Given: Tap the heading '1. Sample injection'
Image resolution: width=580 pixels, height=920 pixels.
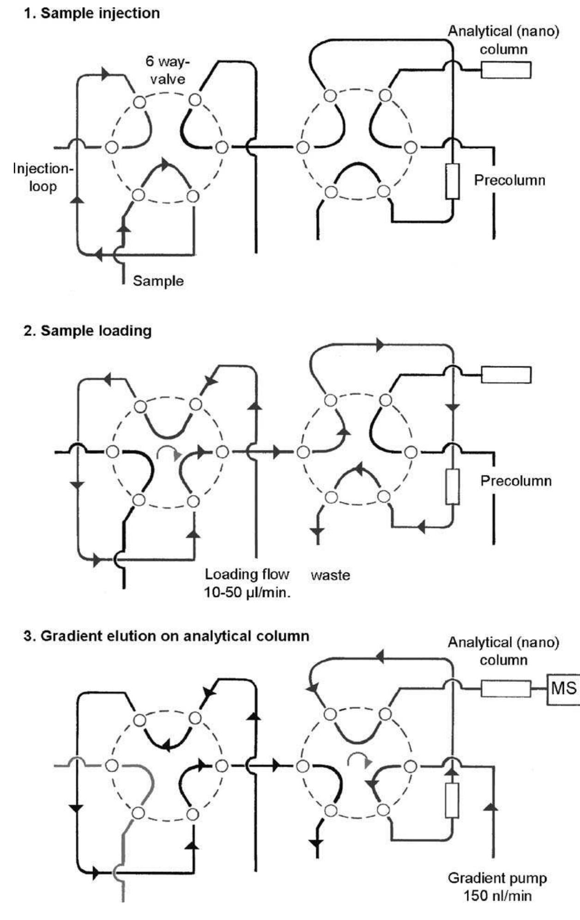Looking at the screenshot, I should (x=92, y=13).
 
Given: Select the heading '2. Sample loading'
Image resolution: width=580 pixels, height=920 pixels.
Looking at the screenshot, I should (x=88, y=331).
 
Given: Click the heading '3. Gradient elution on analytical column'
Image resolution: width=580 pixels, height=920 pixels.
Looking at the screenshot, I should (x=166, y=636).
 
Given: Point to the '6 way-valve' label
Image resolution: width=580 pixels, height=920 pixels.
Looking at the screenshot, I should (x=167, y=70).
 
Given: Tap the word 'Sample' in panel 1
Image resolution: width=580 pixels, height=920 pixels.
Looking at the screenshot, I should (x=158, y=281).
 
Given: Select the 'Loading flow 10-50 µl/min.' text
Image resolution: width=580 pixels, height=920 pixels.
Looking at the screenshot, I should (x=247, y=583).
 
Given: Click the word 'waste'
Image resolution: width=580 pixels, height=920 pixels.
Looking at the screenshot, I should (x=330, y=575).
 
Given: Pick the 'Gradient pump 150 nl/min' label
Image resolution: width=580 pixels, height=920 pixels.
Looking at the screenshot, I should (x=497, y=887).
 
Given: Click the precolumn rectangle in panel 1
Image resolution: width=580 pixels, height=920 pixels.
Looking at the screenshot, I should (x=453, y=181).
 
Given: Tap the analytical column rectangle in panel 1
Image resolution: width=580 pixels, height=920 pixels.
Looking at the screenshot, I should (x=506, y=70).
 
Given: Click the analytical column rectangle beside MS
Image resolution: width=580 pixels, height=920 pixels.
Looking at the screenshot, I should (x=506, y=689).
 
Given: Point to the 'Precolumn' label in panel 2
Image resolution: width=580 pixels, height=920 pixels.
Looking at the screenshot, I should (x=516, y=481).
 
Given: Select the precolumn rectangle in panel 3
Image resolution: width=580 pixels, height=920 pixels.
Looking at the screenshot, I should (x=452, y=800).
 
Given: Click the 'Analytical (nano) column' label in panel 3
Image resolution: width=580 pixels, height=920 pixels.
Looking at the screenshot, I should (x=503, y=651).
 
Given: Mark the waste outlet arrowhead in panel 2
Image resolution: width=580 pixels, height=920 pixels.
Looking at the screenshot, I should (x=318, y=530).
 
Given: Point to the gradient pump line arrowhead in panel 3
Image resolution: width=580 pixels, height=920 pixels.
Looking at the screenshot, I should (x=493, y=807).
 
